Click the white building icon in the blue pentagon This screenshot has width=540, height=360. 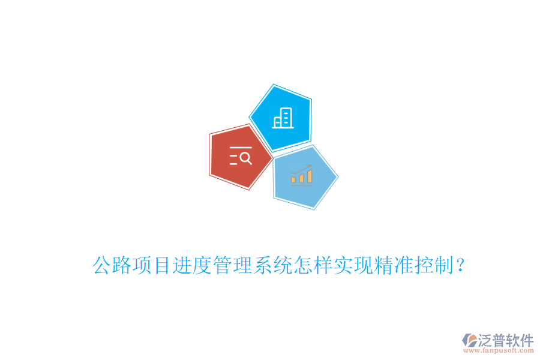(282, 118)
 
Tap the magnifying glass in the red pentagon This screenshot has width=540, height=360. (245, 158)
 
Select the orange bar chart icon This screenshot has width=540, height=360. (301, 175)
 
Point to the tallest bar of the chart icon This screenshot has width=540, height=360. (310, 175)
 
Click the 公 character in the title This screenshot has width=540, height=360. (103, 265)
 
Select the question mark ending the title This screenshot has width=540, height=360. (460, 265)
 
